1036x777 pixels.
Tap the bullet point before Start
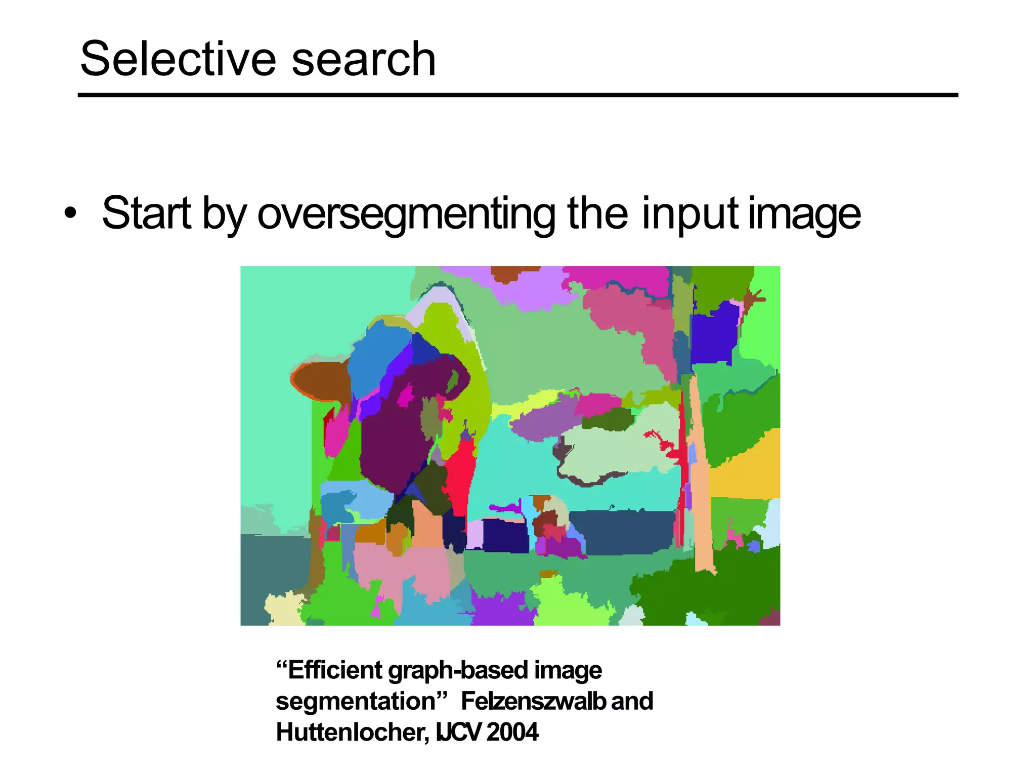71,213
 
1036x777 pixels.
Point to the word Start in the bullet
147,213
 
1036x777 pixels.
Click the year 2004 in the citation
512,732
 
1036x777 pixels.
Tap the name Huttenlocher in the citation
352,732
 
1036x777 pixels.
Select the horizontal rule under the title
517,95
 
